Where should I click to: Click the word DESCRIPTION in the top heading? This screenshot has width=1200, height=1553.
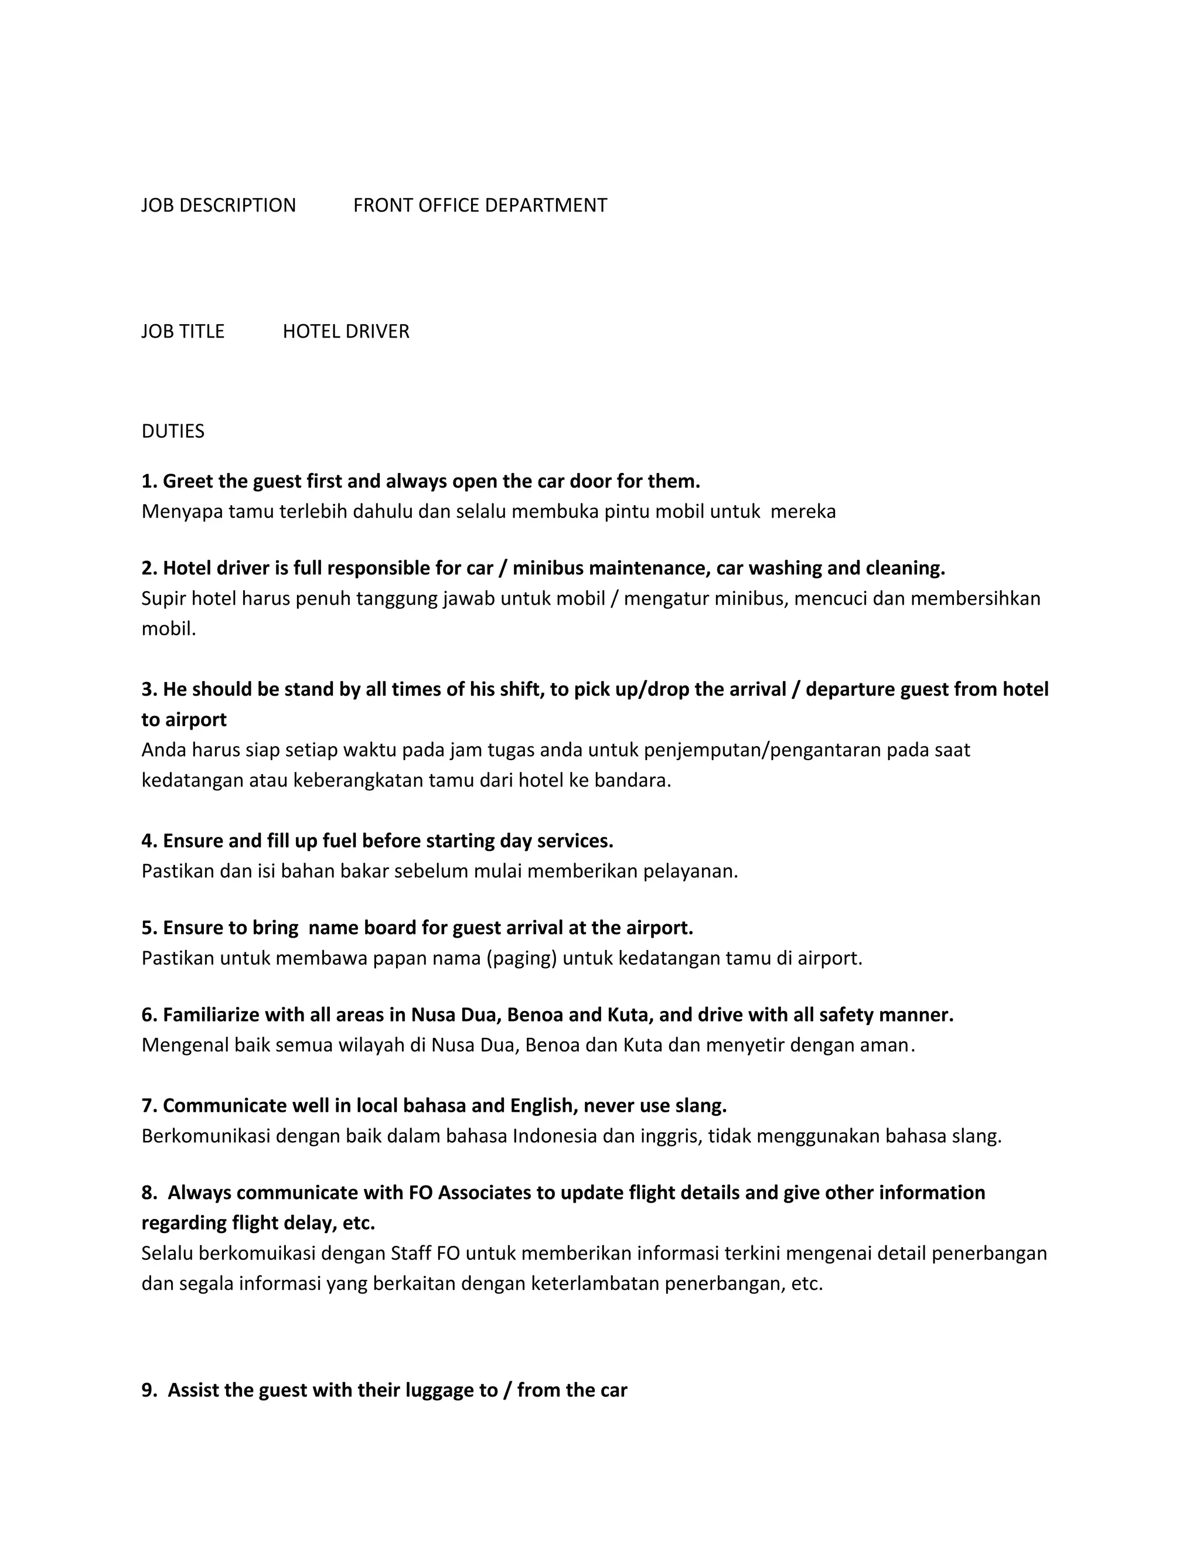tap(237, 206)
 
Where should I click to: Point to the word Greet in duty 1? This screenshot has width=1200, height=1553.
tap(186, 481)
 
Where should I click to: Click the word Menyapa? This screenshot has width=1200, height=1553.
tap(182, 511)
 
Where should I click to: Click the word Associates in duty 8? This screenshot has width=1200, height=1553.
tap(484, 1193)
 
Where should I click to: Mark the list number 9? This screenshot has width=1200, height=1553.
tap(149, 1390)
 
